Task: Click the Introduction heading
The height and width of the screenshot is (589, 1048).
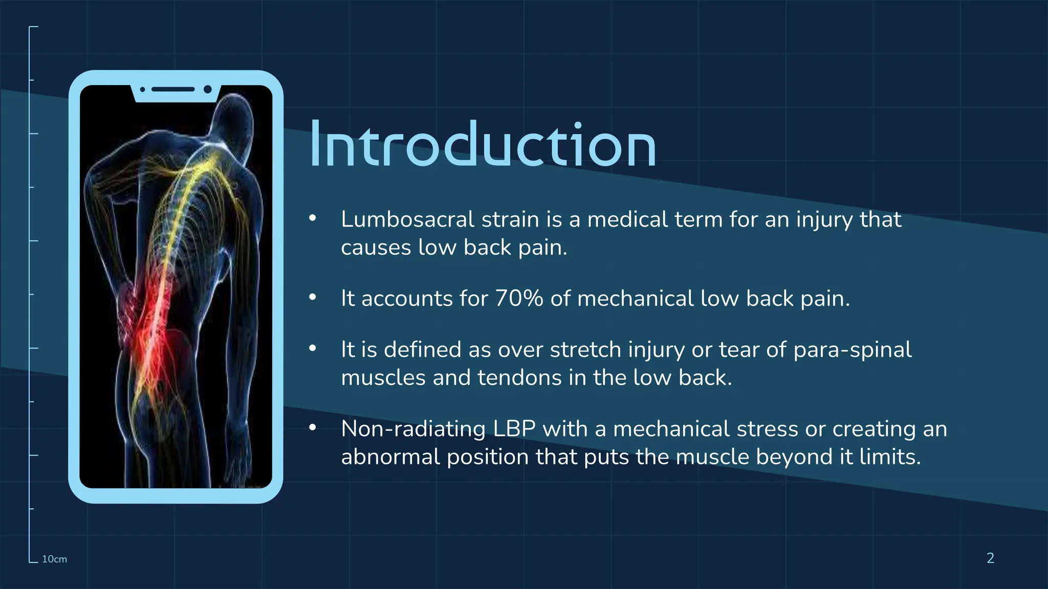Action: pos(483,145)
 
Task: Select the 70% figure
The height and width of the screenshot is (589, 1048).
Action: pos(519,299)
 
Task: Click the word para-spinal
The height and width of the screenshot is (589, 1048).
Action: pos(852,350)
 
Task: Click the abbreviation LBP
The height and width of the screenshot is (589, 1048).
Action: pos(514,429)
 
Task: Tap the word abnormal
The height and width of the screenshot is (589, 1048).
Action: pos(390,457)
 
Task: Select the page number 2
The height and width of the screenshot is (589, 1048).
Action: pos(990,558)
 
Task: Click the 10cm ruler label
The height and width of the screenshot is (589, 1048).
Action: pos(54,559)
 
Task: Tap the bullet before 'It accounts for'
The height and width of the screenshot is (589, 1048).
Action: pos(313,297)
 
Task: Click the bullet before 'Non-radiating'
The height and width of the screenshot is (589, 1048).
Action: pos(313,427)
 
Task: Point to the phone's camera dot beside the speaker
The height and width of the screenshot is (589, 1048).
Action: pos(208,89)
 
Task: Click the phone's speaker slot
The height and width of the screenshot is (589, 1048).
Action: pos(173,89)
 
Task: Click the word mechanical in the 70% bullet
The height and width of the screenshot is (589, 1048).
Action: pos(635,299)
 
